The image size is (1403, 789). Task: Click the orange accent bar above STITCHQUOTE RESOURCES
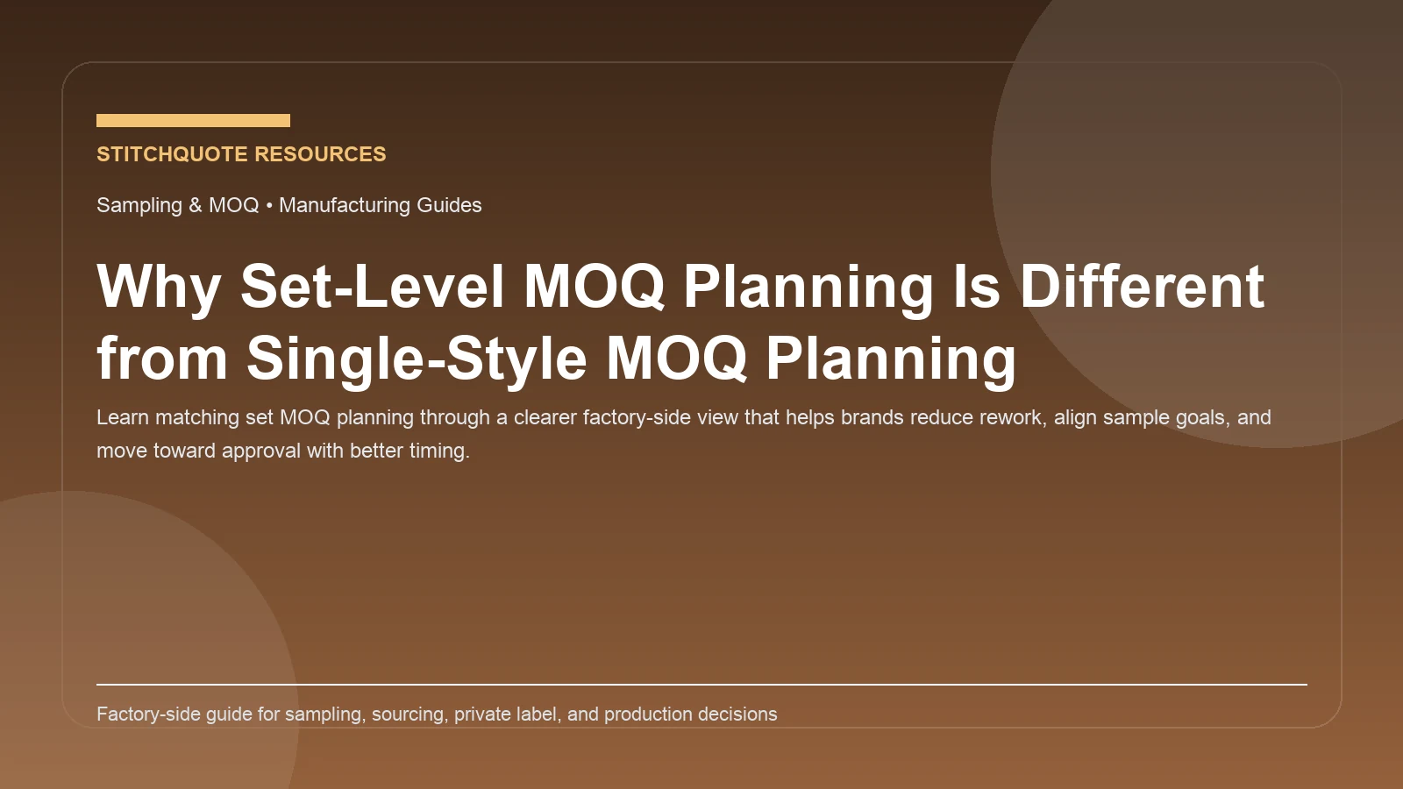[193, 120]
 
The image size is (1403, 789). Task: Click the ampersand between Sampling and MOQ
[195, 205]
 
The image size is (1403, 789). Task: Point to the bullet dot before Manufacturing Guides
[269, 205]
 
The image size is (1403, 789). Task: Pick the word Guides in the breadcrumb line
[449, 205]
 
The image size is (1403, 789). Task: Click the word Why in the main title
[159, 287]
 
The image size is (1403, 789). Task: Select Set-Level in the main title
[372, 287]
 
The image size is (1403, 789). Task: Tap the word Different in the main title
[1141, 287]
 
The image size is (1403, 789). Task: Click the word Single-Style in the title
[417, 359]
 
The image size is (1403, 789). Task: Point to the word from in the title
[162, 359]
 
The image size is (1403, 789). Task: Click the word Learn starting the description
[123, 417]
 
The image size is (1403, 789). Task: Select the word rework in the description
[1008, 417]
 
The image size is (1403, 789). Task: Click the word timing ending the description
[438, 451]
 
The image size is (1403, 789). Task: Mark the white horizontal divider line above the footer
[701, 684]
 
